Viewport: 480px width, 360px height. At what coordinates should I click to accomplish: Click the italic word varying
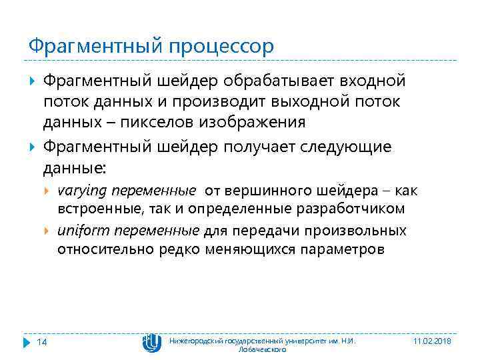[82, 191]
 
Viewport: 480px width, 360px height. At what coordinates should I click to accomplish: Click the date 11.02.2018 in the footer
[433, 341]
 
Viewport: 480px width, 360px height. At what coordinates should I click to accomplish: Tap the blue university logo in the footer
[151, 341]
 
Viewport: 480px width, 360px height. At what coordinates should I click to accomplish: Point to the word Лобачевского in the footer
[263, 349]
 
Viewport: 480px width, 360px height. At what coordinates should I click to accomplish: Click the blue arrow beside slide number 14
[27, 341]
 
